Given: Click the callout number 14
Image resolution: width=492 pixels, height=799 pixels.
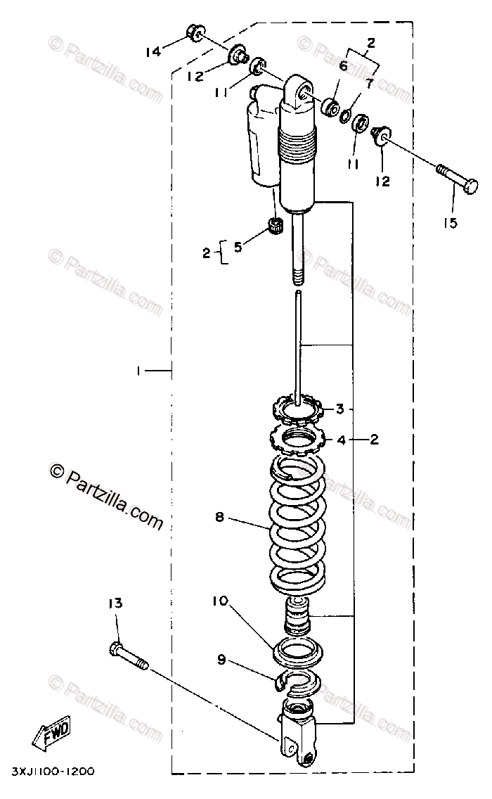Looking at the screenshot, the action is click(153, 51).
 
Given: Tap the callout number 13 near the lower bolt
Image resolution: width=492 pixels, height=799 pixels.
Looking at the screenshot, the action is click(115, 603).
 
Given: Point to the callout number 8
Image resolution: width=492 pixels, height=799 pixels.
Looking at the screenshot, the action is click(219, 517).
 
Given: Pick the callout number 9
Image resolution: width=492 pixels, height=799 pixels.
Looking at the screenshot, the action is click(221, 660).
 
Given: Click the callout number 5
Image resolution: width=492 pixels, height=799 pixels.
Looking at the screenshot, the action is click(238, 247).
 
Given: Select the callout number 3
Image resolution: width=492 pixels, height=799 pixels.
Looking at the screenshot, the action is click(339, 409).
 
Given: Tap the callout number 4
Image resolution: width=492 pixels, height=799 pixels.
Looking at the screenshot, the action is click(341, 440).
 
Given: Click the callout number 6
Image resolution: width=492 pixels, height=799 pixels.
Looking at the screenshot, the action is click(343, 66).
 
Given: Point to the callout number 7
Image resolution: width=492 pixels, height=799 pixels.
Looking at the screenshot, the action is click(370, 83).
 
